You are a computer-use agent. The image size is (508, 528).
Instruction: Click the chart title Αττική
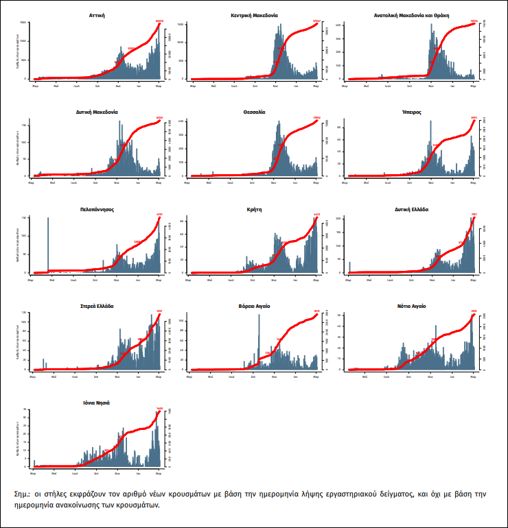coord(97,14)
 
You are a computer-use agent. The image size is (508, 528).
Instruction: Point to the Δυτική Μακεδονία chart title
coord(97,111)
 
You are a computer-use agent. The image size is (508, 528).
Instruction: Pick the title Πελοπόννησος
coord(97,210)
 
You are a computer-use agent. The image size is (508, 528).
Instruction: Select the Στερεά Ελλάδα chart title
coord(97,306)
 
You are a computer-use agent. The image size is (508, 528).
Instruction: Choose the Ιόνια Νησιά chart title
coord(97,403)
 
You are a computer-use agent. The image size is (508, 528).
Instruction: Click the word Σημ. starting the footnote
coord(23,494)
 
